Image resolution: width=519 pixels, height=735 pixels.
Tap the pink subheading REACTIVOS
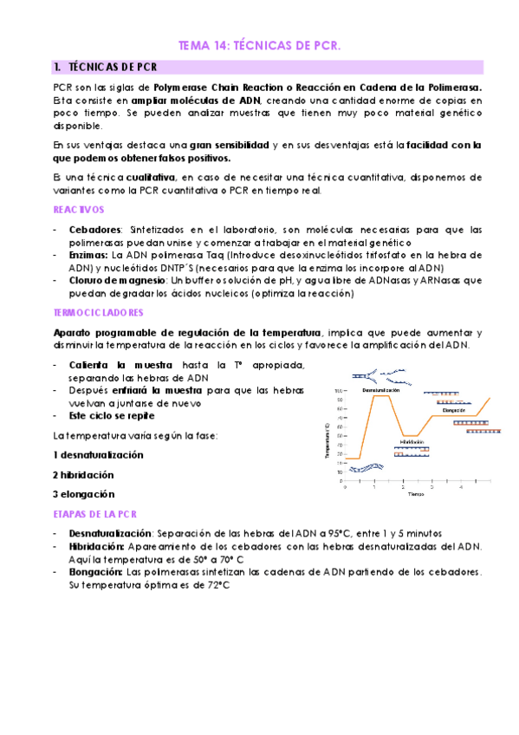point(79,210)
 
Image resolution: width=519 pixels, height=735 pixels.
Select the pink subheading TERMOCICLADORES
point(98,312)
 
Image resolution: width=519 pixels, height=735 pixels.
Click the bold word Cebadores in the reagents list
point(95,230)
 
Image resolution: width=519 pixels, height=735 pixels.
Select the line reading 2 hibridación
point(83,475)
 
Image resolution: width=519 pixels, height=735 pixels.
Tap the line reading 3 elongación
point(83,494)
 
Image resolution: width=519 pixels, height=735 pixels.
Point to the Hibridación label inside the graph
point(412,441)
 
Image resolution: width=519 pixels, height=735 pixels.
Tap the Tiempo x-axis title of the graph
point(416,495)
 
